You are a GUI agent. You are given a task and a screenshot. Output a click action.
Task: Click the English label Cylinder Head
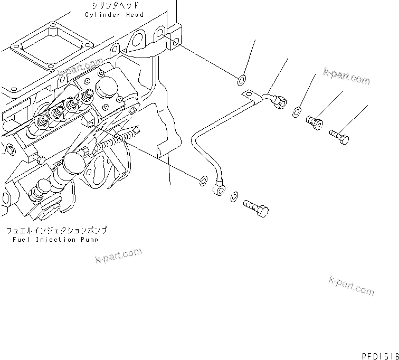point(114,15)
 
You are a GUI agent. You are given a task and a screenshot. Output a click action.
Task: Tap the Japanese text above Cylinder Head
point(114,6)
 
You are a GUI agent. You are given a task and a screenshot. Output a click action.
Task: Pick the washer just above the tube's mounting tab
point(241,80)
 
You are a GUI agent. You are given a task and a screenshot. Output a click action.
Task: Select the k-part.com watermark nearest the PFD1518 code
point(351,286)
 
